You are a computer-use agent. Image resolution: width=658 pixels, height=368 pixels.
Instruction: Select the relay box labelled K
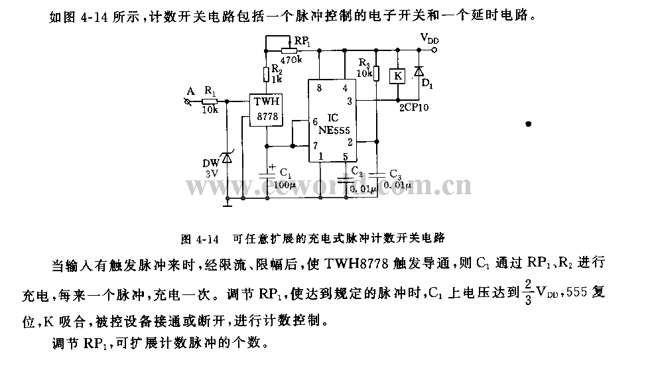tap(398, 76)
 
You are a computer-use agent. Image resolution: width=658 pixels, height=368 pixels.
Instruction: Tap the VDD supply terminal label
tap(429, 39)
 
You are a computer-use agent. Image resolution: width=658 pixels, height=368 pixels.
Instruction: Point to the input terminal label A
tap(191, 91)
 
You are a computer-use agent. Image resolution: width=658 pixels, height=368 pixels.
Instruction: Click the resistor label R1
tap(210, 90)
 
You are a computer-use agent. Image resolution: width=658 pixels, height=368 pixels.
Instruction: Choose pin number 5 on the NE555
tap(345, 156)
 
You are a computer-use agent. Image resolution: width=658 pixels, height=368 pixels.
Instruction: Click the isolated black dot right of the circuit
tap(529, 123)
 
